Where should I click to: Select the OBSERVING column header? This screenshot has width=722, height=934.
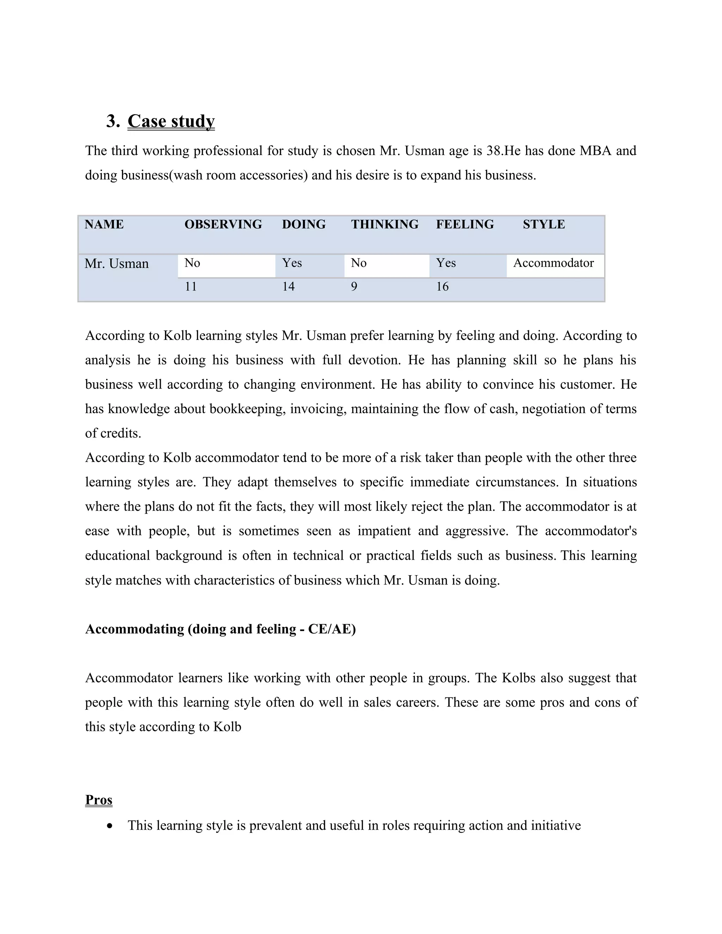click(223, 224)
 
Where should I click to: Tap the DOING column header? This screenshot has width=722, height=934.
click(304, 224)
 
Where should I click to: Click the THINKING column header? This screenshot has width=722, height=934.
click(385, 224)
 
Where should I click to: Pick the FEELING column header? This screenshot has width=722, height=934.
click(465, 224)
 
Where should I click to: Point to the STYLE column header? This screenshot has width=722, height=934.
click(544, 224)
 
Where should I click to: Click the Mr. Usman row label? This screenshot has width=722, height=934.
click(116, 263)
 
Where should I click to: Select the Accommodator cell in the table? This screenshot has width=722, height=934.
click(553, 263)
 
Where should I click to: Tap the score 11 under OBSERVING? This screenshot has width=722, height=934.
click(191, 287)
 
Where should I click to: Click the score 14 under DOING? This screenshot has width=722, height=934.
click(288, 287)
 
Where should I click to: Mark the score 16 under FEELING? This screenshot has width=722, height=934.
click(442, 287)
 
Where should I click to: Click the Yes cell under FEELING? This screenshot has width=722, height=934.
click(446, 263)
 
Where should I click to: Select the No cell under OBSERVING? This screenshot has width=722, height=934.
click(192, 263)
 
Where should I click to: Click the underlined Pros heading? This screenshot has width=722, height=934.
click(98, 800)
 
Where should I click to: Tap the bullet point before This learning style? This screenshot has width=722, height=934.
click(110, 826)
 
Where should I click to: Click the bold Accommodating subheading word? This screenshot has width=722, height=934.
click(134, 629)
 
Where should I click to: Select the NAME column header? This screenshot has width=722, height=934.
click(104, 224)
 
